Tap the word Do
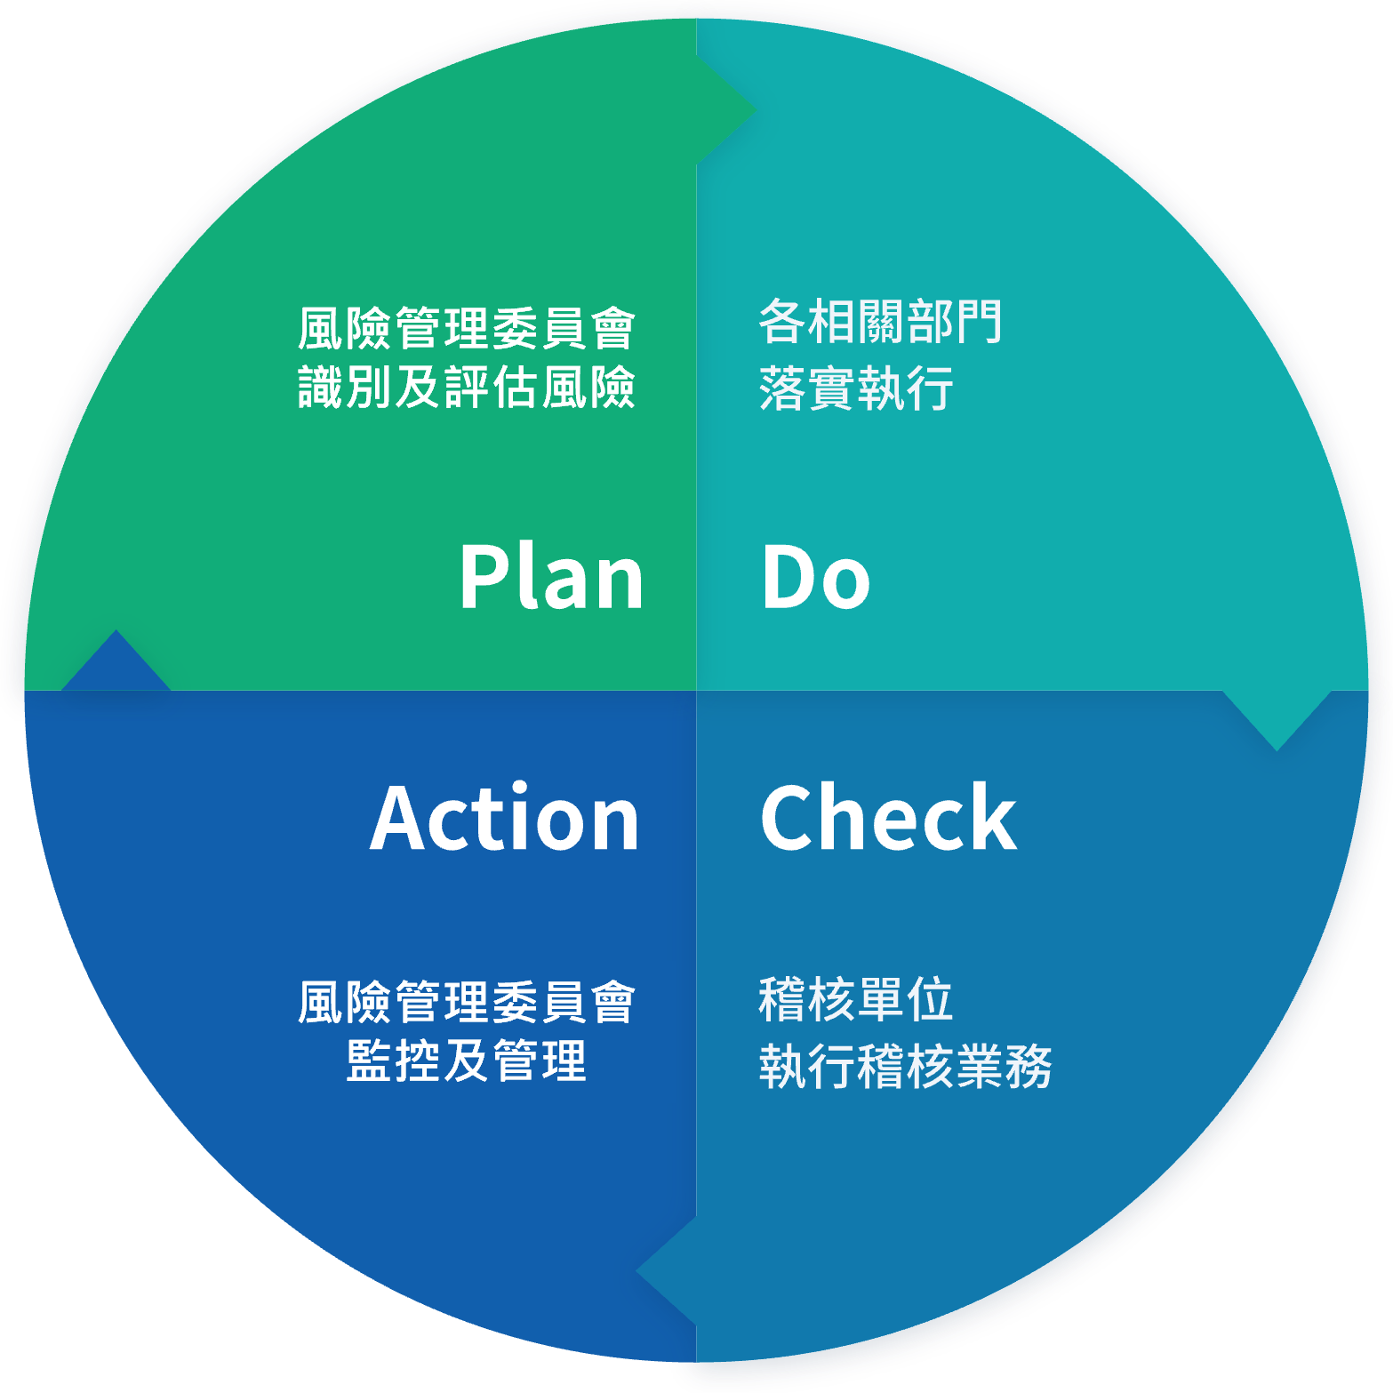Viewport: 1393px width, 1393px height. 816,577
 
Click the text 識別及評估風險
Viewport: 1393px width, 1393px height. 467,387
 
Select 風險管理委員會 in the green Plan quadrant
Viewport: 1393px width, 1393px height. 467,328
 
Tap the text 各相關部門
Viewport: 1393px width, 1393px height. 881,321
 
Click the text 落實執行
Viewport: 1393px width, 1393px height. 856,388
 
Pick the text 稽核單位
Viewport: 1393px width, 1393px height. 856,998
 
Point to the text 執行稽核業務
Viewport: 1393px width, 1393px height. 906,1066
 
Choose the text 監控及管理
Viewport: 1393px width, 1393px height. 467,1061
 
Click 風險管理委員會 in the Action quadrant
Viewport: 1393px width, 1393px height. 467,1002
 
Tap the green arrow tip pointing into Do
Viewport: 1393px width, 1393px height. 756,111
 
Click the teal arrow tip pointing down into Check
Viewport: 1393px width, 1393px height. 1277,750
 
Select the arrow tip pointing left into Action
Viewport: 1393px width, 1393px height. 636,1271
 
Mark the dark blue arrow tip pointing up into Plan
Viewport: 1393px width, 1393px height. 116,630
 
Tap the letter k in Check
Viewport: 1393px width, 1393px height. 993,816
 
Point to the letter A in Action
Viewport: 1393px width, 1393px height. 402,819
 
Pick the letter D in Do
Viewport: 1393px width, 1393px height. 789,577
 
